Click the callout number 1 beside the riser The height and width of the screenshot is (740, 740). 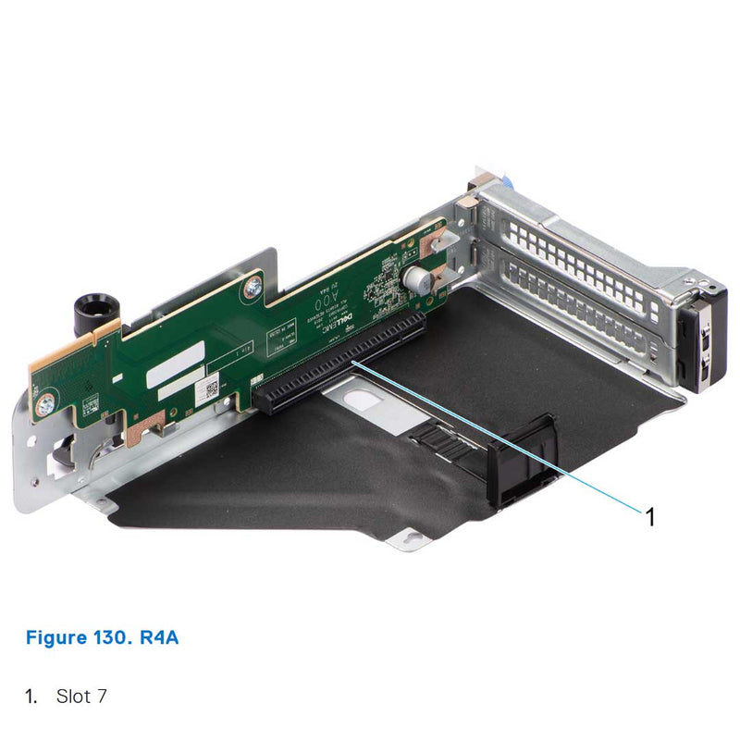[x=649, y=516]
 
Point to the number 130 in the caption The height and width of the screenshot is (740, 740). [x=117, y=638]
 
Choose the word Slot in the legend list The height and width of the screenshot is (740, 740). [x=72, y=696]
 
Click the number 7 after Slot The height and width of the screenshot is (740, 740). [x=100, y=696]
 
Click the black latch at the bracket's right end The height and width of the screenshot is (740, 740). [x=702, y=338]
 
